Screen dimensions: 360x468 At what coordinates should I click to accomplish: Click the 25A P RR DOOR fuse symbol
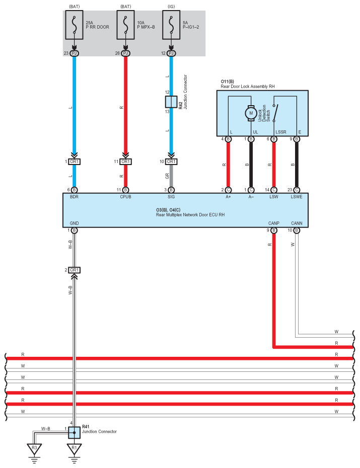(x=75, y=25)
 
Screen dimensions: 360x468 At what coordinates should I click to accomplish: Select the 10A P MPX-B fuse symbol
(x=126, y=25)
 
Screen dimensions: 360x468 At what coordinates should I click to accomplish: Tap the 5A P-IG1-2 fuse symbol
(x=171, y=25)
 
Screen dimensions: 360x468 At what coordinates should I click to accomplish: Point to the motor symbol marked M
(x=251, y=113)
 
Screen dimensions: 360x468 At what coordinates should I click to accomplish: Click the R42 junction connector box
(x=171, y=102)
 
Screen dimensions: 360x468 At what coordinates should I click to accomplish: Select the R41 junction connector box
(x=75, y=432)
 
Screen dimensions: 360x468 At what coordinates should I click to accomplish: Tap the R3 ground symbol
(x=34, y=449)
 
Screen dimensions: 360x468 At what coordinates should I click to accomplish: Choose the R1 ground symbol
(x=75, y=449)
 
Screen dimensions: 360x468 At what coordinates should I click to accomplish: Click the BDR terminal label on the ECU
(x=75, y=197)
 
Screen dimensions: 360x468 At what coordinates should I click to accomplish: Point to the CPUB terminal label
(x=126, y=197)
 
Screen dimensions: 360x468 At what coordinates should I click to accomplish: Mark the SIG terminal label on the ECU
(x=171, y=197)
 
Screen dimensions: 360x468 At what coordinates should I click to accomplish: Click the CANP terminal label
(x=274, y=223)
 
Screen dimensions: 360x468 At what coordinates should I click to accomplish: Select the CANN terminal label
(x=297, y=223)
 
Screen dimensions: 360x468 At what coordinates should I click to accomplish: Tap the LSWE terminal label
(x=297, y=197)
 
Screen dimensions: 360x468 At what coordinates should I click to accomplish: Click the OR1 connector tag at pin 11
(x=126, y=162)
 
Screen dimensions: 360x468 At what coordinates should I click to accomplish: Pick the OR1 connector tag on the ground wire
(x=75, y=270)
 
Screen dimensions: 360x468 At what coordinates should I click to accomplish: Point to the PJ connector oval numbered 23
(x=75, y=53)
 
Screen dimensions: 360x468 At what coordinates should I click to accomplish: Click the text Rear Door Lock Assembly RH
(x=247, y=87)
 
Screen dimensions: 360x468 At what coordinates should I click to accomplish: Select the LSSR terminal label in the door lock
(x=281, y=132)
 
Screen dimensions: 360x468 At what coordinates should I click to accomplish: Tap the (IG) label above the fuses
(x=171, y=6)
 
